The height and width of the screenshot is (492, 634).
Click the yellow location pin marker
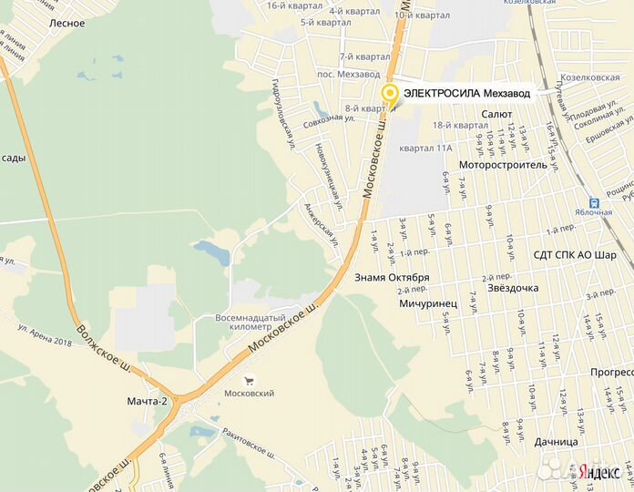[390, 94]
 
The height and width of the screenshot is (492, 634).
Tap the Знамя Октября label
[392, 277]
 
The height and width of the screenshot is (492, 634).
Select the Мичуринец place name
[427, 297]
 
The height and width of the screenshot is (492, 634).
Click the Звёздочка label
[513, 288]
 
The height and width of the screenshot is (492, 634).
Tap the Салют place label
[497, 113]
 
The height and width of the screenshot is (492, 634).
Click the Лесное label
[68, 23]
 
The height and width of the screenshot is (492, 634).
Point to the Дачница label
[557, 442]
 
